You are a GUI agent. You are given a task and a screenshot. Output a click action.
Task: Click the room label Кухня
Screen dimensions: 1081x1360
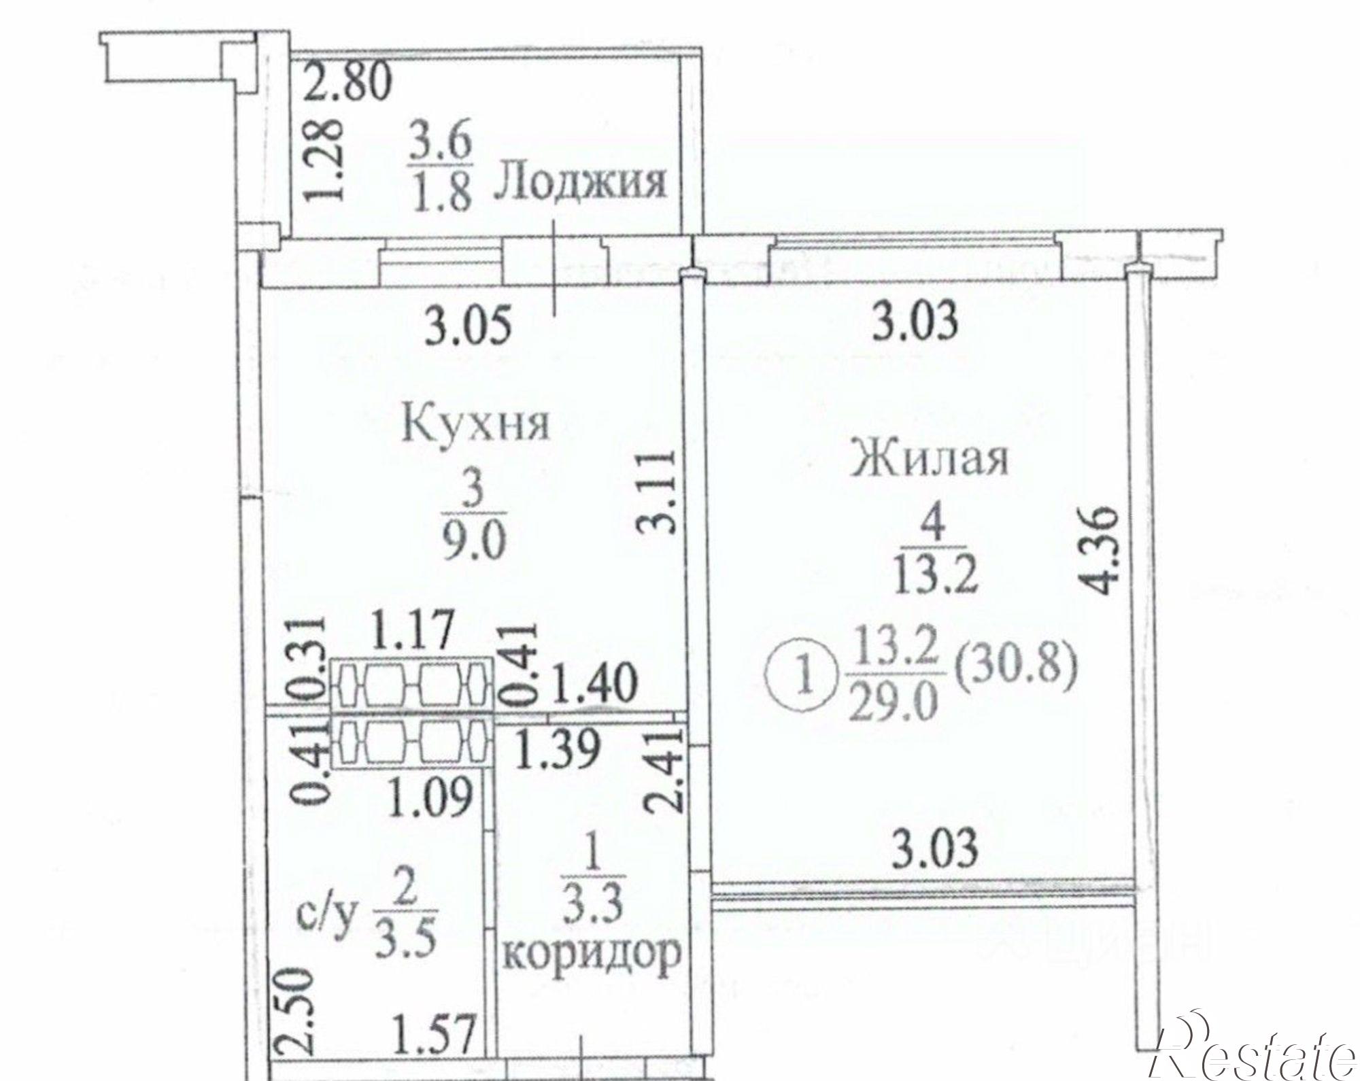[x=476, y=425]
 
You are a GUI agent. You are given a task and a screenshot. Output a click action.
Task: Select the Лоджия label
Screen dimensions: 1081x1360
[x=579, y=182]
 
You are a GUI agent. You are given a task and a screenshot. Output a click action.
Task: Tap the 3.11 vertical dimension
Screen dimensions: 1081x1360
[x=658, y=490]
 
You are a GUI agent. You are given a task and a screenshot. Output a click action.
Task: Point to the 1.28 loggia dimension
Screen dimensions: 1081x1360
[x=322, y=160]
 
